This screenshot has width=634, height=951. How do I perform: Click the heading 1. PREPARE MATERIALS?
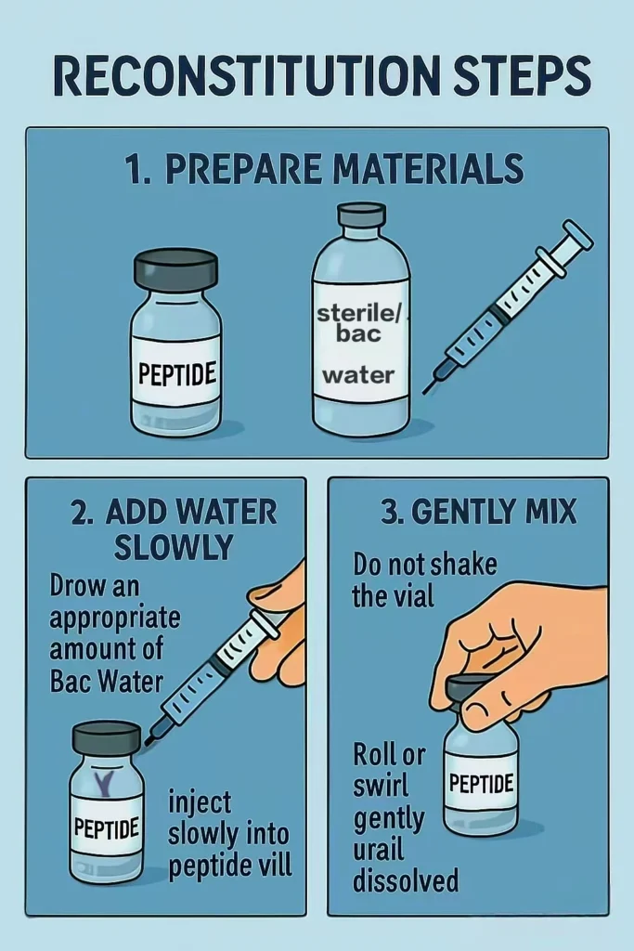325,169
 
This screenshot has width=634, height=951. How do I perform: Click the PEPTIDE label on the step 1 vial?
177,373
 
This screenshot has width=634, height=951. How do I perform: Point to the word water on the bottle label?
358,375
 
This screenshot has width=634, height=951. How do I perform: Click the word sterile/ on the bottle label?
359,314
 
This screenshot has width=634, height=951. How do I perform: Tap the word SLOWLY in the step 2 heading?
174,547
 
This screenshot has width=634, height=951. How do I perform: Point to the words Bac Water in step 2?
106,682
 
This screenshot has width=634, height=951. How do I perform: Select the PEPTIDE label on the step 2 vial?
107,827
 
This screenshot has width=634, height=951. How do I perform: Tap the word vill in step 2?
273,865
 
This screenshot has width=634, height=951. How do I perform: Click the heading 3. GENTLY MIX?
479,511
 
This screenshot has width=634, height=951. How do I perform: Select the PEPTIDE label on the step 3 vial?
481,783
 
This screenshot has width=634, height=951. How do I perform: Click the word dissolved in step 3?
406,880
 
